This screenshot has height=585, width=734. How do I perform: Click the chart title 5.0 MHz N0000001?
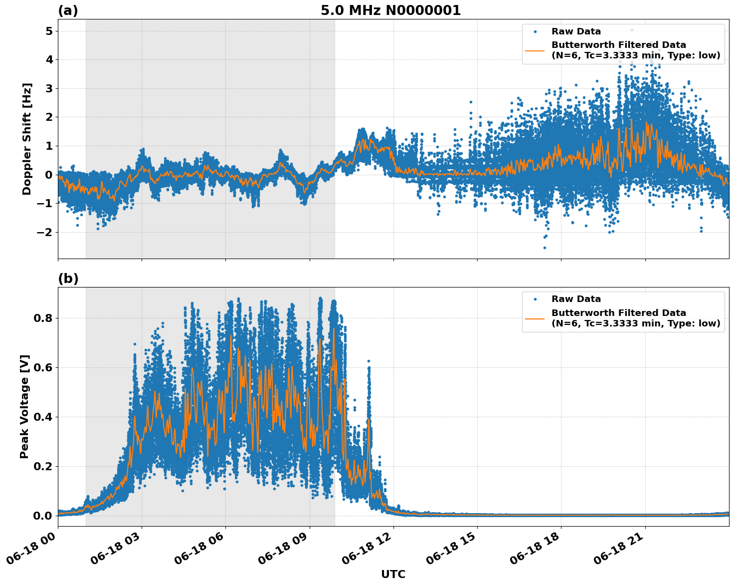point(390,10)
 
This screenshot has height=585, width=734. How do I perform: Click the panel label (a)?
point(68,10)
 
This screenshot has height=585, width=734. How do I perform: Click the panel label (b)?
point(68,279)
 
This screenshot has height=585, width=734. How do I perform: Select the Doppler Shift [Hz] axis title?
point(27,139)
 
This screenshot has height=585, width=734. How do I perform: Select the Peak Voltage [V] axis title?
point(24,406)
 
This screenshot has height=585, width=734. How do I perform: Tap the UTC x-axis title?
point(393,574)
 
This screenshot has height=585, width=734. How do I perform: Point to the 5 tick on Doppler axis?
point(49,31)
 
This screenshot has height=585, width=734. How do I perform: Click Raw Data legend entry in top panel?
point(576,31)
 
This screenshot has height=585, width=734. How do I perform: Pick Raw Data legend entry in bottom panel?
point(576,299)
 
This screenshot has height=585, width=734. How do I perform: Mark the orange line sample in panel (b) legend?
point(535,318)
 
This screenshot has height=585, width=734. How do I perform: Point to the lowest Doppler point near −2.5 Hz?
point(545,248)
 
